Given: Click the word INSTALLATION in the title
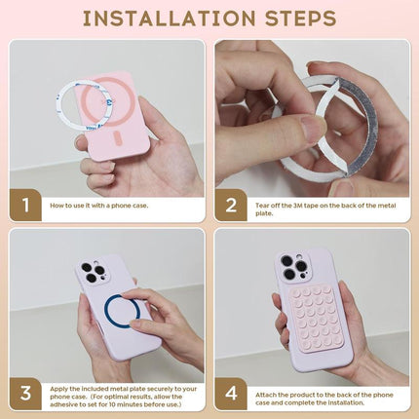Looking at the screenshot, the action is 169,19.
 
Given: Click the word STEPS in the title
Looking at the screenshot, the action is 300,19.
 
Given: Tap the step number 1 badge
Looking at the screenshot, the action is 25,206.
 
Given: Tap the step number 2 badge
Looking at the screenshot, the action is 231,206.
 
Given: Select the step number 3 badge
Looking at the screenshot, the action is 25,394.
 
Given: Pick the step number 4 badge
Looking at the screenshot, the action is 231,394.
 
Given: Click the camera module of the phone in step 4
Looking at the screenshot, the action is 293,266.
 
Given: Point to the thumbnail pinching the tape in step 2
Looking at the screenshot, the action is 310,129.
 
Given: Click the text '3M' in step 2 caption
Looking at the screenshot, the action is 298,206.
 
